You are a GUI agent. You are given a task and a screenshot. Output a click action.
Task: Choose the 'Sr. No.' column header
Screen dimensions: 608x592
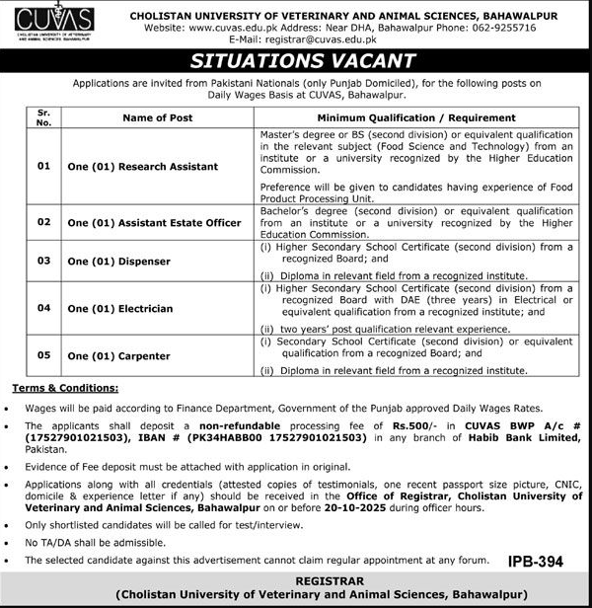click(x=43, y=118)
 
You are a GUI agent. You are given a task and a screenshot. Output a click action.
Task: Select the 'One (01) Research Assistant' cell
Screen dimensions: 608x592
click(x=142, y=167)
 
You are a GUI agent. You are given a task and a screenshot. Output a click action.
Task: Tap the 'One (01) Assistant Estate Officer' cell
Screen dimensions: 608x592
click(x=154, y=223)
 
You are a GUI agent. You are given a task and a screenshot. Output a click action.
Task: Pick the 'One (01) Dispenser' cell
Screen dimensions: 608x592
click(x=118, y=262)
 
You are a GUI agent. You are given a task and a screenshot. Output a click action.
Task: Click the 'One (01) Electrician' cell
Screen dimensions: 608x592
click(x=119, y=309)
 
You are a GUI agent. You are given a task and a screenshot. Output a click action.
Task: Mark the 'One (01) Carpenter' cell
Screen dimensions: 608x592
click(x=118, y=356)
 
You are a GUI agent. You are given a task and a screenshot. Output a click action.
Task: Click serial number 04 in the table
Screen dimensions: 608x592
click(x=43, y=309)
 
